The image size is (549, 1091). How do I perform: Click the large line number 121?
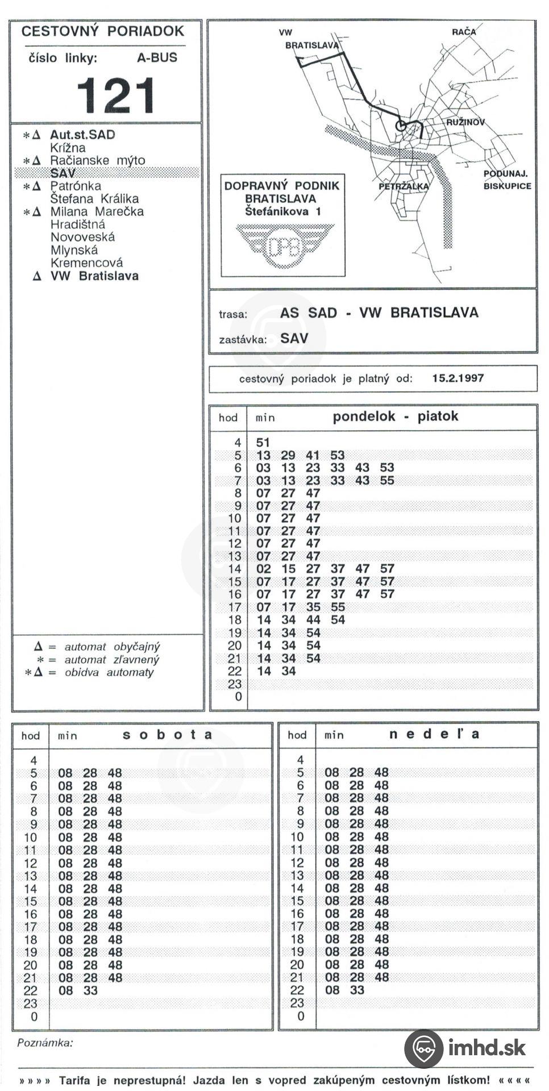116,95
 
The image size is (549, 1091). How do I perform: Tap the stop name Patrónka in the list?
76,186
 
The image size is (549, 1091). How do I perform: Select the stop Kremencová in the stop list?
86,263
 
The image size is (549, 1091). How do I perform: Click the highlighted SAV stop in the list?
63,173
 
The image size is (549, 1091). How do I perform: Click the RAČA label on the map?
463,32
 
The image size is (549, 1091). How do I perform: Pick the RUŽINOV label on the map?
465,122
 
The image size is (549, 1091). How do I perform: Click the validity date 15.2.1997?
457,378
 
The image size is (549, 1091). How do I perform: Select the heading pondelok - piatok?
395,417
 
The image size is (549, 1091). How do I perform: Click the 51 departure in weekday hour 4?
263,443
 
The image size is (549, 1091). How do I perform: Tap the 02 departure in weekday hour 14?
263,569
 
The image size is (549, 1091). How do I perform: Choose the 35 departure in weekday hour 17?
313,607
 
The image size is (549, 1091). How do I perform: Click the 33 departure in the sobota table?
90,990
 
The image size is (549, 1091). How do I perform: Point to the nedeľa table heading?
434,734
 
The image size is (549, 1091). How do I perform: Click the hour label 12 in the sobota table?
30,863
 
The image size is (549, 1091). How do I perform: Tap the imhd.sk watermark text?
486,1047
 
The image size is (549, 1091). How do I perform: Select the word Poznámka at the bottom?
45,1043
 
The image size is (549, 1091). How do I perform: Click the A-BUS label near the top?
157,57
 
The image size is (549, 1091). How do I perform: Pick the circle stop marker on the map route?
401,126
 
